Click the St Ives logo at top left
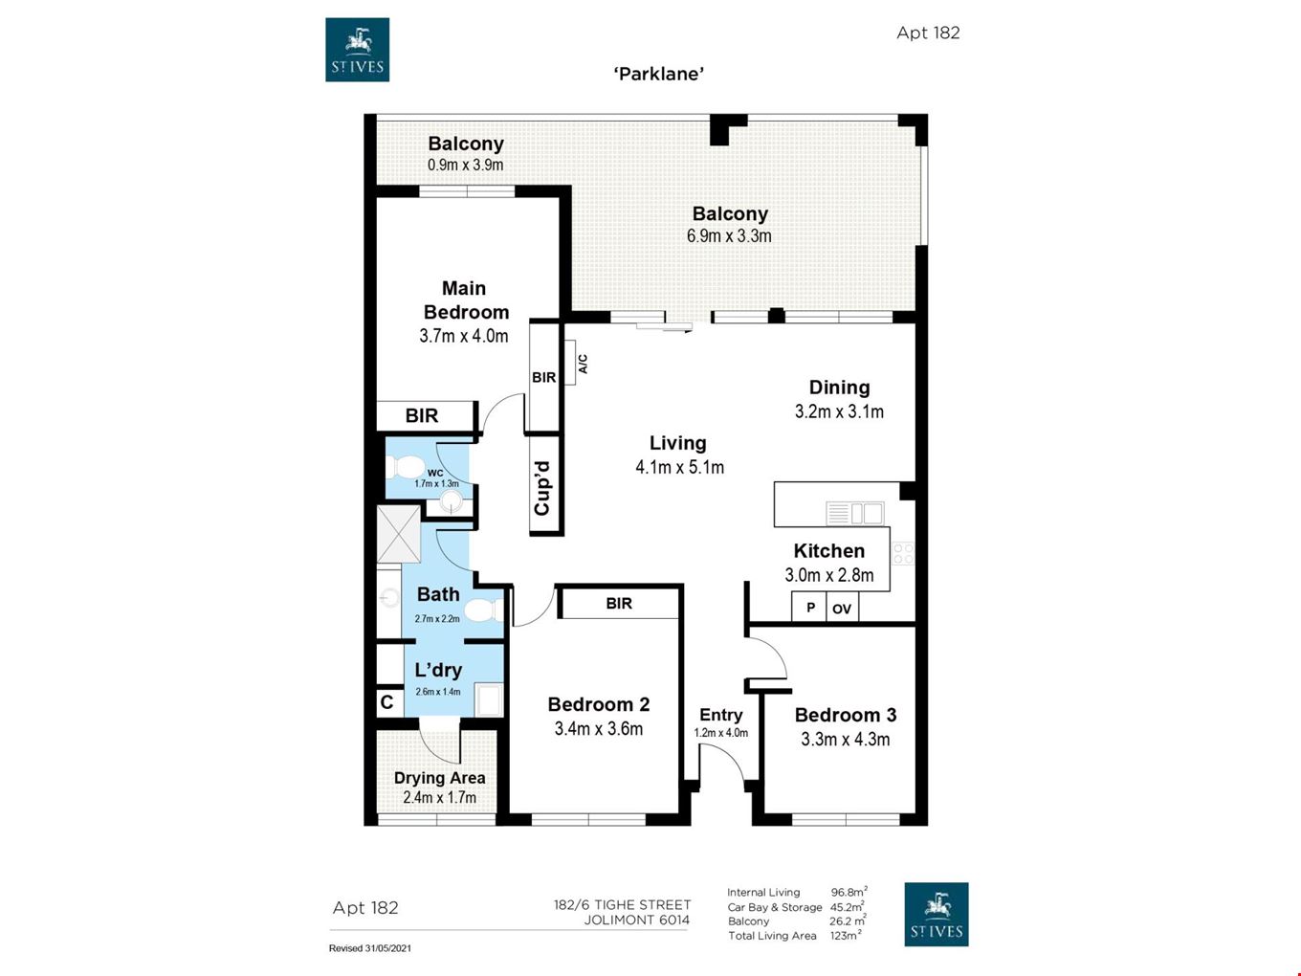pos(357,49)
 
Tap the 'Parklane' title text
pos(658,74)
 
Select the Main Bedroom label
pos(466,299)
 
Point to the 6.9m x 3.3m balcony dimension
pos(729,235)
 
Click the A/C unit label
pos(583,364)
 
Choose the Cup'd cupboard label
pos(542,488)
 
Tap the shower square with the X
pos(399,533)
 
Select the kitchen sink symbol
pos(854,513)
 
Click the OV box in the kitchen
pos(842,609)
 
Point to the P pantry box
pos(809,608)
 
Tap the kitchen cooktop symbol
pos(903,553)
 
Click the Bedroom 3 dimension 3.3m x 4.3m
pos(846,740)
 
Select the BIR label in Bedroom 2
pos(619,603)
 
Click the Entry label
pos(720,715)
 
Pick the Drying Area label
pos(439,778)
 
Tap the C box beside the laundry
pos(387,702)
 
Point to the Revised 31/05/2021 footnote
pos(370,948)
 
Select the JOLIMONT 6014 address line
pos(636,920)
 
